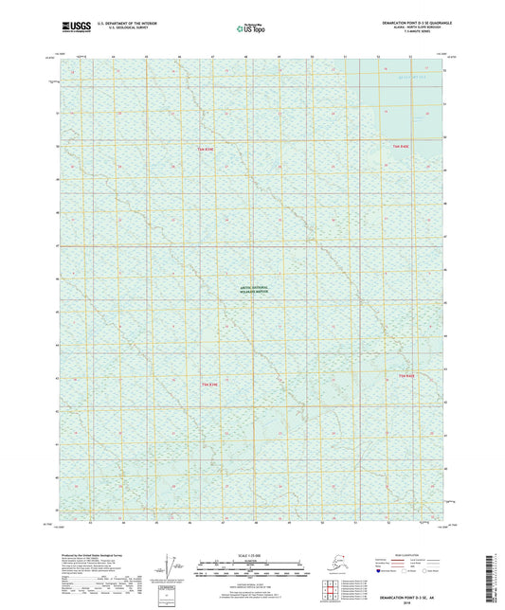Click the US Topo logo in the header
click(251, 29)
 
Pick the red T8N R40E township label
click(406, 377)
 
